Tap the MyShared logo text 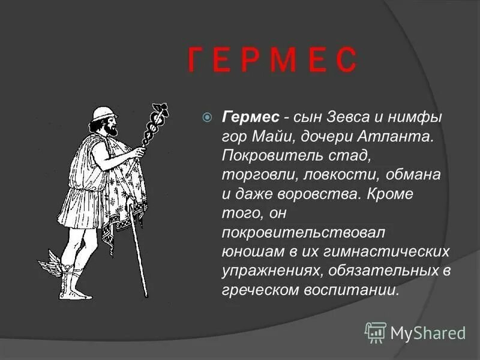click(427, 332)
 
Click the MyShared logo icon click(376, 332)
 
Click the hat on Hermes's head click(106, 113)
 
